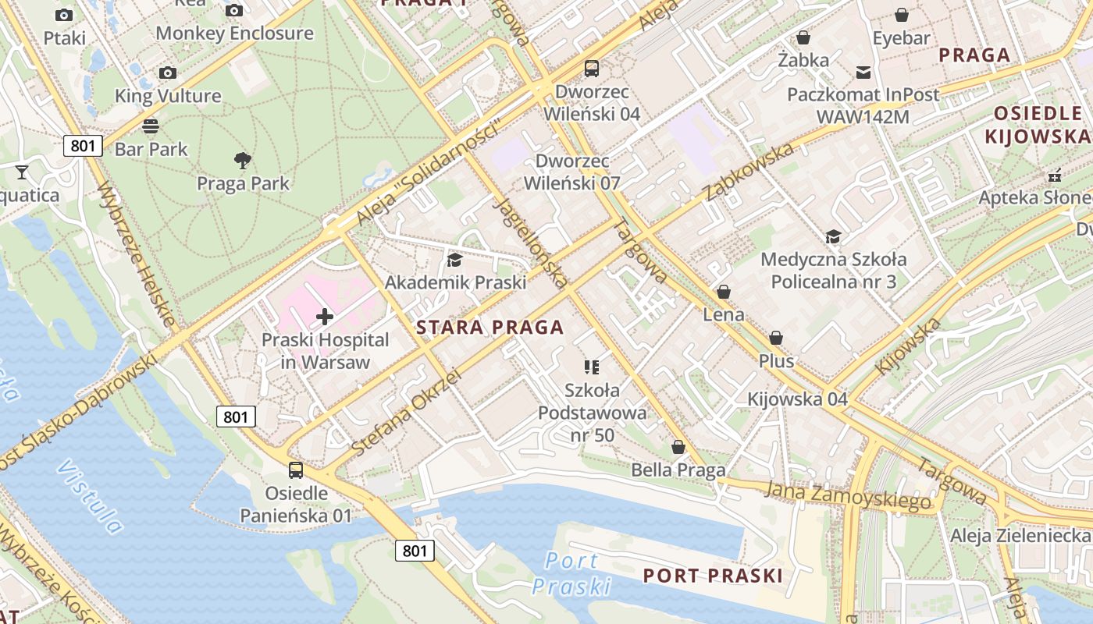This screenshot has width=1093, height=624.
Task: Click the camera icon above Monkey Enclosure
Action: tap(233, 10)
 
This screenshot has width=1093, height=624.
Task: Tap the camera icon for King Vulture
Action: tap(167, 73)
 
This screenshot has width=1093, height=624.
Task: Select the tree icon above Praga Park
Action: tap(243, 161)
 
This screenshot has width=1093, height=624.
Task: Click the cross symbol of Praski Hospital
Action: tap(325, 317)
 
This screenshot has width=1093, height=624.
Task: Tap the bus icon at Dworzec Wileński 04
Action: tap(592, 69)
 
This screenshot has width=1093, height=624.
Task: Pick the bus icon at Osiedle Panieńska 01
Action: tap(296, 470)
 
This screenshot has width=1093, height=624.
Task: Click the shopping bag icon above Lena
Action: tap(724, 292)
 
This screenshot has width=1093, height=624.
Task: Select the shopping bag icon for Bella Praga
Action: tap(678, 447)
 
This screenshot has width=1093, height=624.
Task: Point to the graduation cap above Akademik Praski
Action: tap(454, 260)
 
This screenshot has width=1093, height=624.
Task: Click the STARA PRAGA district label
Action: tap(490, 328)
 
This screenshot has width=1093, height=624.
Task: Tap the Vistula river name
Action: tap(91, 497)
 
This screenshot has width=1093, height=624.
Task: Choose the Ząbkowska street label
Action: tap(749, 171)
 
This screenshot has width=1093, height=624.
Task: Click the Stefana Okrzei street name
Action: tap(406, 413)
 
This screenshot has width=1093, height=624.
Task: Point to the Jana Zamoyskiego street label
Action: tap(849, 496)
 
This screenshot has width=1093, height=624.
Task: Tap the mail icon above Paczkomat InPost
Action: tap(863, 73)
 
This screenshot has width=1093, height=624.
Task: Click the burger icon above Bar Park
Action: tap(151, 126)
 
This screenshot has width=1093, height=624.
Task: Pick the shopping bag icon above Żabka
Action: tap(803, 37)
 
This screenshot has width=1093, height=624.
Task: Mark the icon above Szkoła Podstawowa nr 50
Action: tap(592, 367)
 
